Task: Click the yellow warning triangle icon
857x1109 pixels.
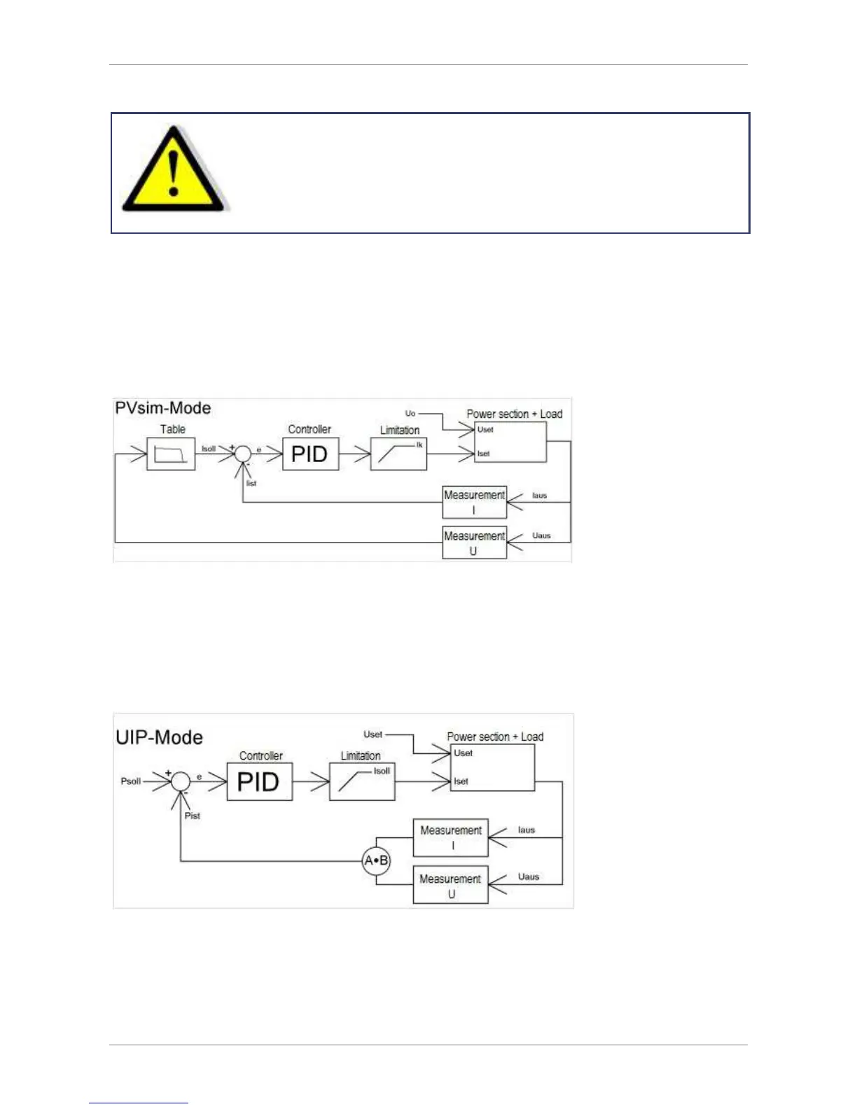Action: click(173, 172)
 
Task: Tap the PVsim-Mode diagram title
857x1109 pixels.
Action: click(162, 408)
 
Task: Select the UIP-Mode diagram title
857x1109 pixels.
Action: click(159, 737)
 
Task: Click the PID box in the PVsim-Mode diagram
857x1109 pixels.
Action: click(310, 454)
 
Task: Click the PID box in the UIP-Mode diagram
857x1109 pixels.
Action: click(259, 781)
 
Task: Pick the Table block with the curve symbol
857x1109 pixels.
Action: click(171, 454)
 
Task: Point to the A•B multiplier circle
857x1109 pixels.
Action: click(376, 860)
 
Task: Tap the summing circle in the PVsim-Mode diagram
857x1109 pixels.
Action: click(242, 454)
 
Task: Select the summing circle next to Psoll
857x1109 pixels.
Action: click(181, 781)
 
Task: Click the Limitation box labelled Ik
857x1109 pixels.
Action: click(398, 454)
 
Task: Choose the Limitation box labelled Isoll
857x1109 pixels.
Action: click(362, 781)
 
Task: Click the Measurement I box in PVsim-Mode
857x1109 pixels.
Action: click(474, 502)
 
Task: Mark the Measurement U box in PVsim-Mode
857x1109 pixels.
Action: click(474, 543)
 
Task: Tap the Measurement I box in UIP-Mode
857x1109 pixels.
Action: click(450, 837)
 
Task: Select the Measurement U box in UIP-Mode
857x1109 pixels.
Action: click(450, 886)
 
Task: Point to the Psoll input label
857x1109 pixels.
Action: click(131, 781)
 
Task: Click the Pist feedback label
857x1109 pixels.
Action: click(193, 816)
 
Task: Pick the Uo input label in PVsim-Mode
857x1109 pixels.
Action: click(410, 414)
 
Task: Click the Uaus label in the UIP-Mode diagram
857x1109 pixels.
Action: click(529, 877)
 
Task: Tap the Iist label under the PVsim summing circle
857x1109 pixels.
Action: click(251, 483)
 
